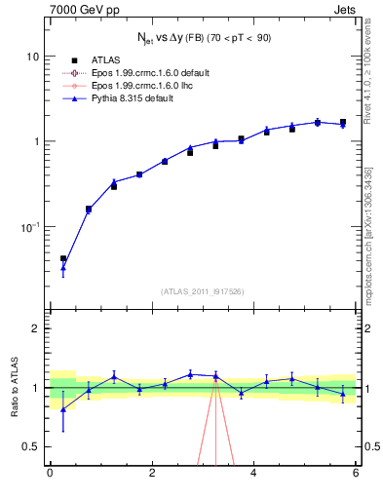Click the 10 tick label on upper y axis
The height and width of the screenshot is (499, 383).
coord(32,57)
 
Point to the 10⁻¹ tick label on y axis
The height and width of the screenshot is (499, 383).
coord(29,226)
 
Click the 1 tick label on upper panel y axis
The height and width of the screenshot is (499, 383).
coord(35,141)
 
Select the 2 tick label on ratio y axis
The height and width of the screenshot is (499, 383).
coord(35,328)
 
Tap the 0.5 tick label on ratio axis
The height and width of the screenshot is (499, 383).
coord(31,446)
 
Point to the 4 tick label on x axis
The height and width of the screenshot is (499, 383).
coord(254,474)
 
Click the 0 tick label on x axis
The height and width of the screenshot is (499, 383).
coord(50,474)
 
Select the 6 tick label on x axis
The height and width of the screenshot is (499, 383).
coord(356,474)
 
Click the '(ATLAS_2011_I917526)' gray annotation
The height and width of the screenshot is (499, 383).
coord(203,291)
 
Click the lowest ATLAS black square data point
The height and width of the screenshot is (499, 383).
coord(63,259)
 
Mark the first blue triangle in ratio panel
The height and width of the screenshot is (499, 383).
coord(63,409)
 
